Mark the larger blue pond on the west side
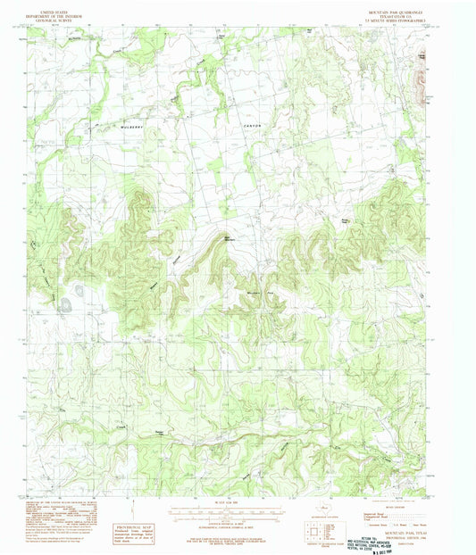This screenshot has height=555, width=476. coord(66,305)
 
